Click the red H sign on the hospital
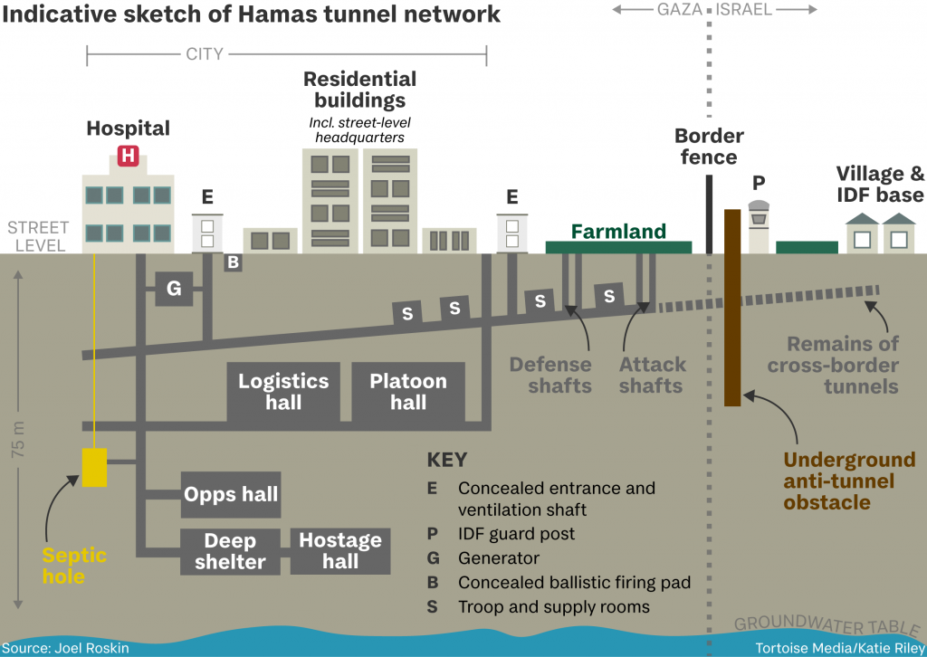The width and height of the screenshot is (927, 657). click(x=128, y=156)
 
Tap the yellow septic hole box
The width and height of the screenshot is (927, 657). click(x=94, y=466)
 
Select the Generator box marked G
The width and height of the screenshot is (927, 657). click(x=174, y=289)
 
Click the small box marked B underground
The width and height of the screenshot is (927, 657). click(x=233, y=262)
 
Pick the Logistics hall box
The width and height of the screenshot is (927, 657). click(x=283, y=392)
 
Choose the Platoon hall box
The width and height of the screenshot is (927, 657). click(x=408, y=392)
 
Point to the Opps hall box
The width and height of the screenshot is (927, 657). click(x=231, y=495)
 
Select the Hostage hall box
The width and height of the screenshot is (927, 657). click(x=340, y=551)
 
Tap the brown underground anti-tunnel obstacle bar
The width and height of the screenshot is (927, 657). click(x=732, y=308)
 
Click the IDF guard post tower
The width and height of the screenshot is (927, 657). click(x=759, y=226)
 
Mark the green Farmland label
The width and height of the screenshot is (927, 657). click(x=618, y=233)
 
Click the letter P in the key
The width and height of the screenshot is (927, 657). click(x=432, y=534)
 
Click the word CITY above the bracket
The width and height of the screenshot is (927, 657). click(x=204, y=54)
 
